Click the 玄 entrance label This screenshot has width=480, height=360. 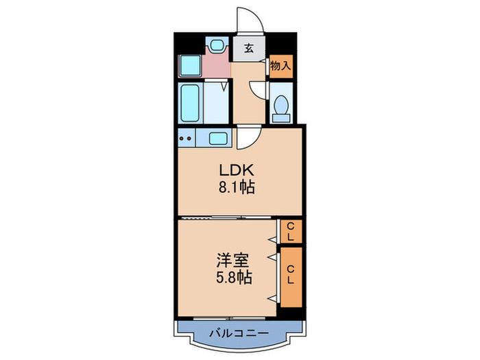point(248,48)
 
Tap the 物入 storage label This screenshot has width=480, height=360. point(280,66)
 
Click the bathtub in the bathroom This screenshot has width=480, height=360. point(191,103)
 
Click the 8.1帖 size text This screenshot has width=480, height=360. point(237,187)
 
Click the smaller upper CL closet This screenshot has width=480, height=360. point(290,231)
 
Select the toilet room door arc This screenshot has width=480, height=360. point(256,89)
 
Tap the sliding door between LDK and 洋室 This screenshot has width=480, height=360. point(226,217)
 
